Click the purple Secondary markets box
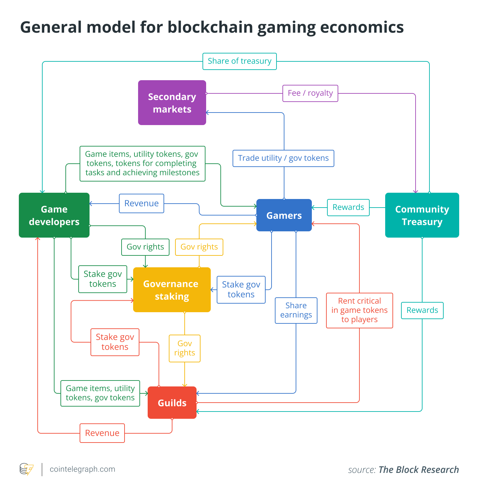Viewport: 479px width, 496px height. pos(172,103)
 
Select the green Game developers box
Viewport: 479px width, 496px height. pos(54,215)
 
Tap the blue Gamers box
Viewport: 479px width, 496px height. pos(284,215)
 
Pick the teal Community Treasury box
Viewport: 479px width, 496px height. pos(422,215)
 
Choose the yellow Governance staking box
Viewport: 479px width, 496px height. pos(172,290)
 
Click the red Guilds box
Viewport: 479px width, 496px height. pos(172,403)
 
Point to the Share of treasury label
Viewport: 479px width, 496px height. pos(240,61)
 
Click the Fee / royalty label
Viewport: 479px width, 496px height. pos(310,93)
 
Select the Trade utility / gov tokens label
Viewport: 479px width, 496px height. pos(283,158)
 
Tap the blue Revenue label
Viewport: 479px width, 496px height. pos(141,203)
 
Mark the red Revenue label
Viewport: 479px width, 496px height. pos(102,433)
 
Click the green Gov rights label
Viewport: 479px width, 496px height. pos(145,247)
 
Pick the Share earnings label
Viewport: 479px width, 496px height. pos(296,310)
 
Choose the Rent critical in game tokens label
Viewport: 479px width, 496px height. pos(359,310)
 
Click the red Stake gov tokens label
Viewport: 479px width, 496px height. pos(115,342)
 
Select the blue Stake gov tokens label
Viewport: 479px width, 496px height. pos(241,289)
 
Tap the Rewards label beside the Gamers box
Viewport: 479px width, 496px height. pos(348,207)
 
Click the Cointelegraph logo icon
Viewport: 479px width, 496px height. pos(27,469)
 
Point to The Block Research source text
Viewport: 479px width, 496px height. pos(419,470)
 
